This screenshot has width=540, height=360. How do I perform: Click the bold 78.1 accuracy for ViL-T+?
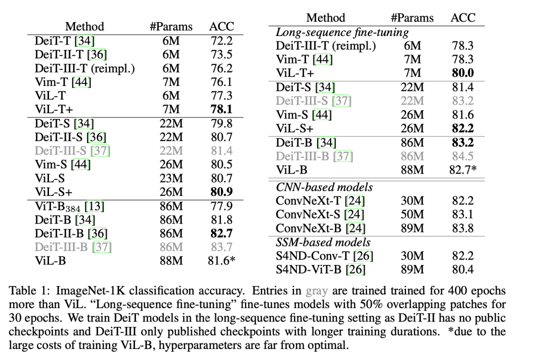click(221, 108)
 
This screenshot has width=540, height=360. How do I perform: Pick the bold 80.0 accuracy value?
click(462, 73)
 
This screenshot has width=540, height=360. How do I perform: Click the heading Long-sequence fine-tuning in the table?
click(342, 33)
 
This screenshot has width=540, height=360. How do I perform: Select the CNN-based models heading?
click(324, 187)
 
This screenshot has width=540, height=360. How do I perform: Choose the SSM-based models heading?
click(323, 242)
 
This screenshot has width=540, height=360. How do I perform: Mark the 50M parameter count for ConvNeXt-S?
click(412, 215)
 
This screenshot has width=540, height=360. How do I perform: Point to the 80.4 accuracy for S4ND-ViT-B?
click(462, 270)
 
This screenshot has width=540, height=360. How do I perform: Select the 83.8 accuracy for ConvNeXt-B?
click(462, 228)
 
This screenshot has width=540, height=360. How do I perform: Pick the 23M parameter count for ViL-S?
click(167, 177)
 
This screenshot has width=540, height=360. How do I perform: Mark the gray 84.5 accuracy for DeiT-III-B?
click(462, 156)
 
